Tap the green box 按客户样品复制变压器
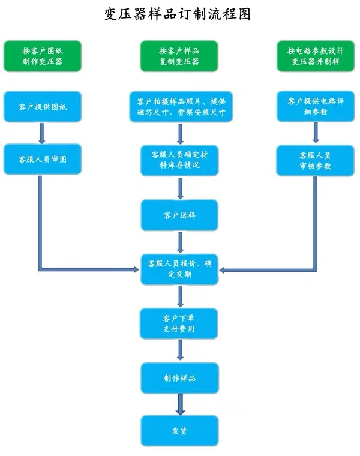(x=179, y=56)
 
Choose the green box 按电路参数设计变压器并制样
(x=316, y=56)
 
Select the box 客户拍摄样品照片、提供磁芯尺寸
(x=181, y=106)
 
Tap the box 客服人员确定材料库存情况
(x=179, y=160)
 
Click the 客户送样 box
(x=179, y=215)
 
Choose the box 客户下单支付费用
(x=179, y=323)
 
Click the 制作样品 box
(x=179, y=378)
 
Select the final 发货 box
(x=179, y=431)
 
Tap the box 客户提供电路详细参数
(x=316, y=106)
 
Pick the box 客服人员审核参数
(x=316, y=160)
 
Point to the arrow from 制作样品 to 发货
(x=179, y=404)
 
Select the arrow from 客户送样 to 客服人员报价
(x=179, y=241)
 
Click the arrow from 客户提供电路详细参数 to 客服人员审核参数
(x=316, y=133)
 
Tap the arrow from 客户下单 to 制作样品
(x=179, y=350)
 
